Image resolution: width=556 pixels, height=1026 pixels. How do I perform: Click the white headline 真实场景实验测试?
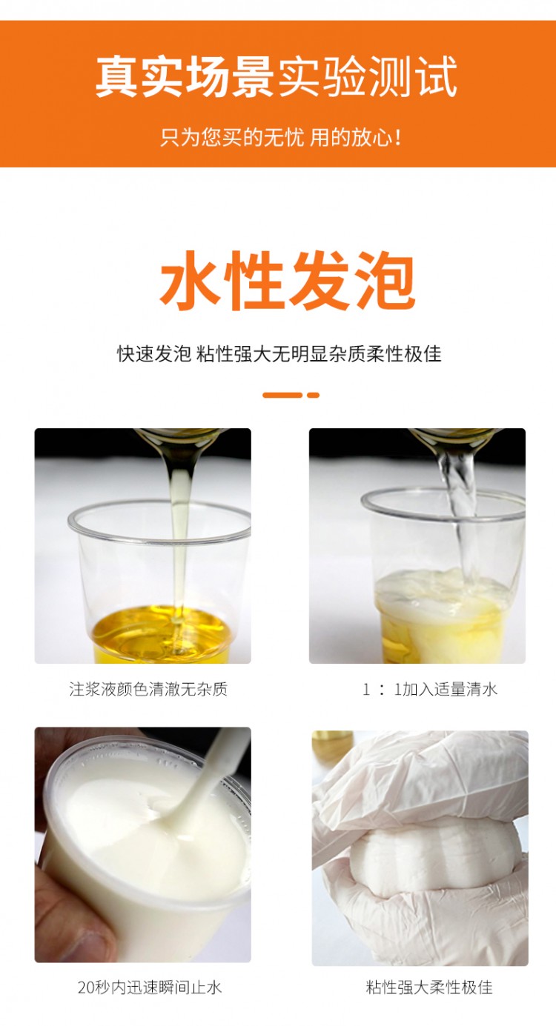277,76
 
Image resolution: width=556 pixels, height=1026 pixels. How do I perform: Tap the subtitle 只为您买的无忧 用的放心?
281,137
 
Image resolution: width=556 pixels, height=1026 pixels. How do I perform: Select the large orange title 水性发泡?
288,281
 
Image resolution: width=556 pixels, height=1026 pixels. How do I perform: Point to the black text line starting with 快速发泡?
279,354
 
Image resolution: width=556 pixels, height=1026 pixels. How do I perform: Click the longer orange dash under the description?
282,395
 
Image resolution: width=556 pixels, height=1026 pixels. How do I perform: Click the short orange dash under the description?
314,395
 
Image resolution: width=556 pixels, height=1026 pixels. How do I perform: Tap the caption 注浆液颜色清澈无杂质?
148,689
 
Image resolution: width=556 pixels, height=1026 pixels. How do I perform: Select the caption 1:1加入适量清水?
430,689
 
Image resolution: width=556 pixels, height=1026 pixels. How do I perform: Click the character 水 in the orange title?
189,281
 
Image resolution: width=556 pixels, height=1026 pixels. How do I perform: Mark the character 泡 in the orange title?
385,281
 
